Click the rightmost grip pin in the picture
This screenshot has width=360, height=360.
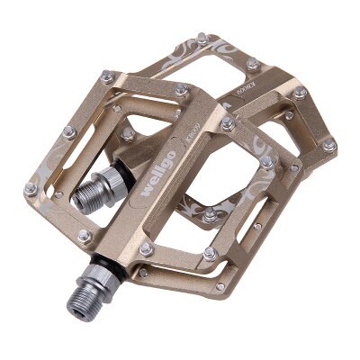point(329,144)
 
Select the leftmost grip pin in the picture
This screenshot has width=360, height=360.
point(29,187)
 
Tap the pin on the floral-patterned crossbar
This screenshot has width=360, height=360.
point(210,214)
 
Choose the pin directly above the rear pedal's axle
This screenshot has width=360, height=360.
point(129,132)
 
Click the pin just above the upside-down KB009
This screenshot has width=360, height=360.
point(254,64)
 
